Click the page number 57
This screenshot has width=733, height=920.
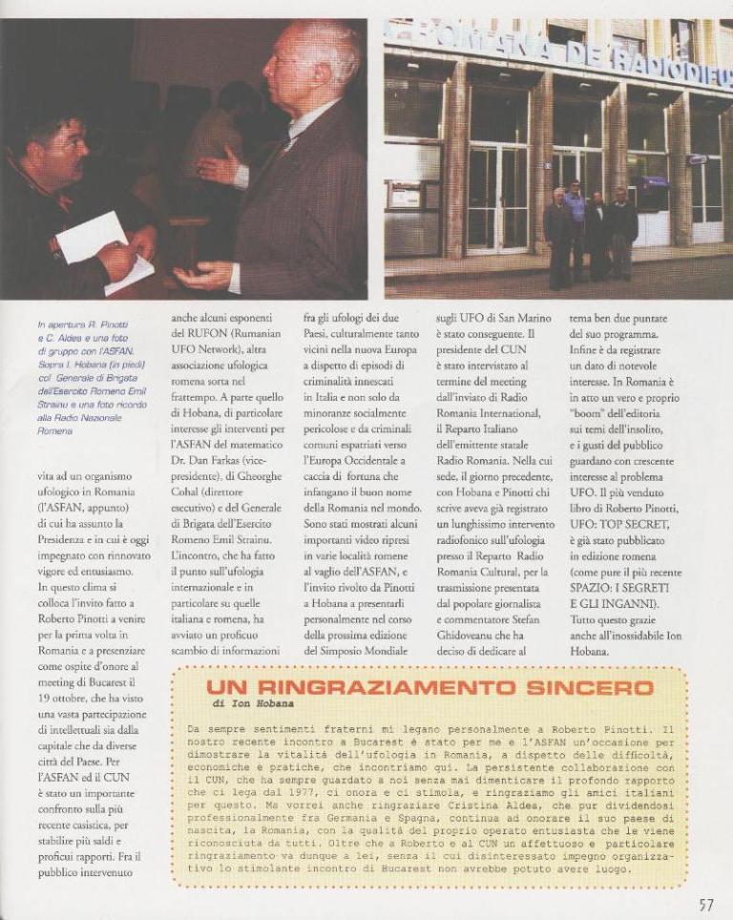point(705,905)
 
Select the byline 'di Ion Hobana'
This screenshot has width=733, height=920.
point(253,704)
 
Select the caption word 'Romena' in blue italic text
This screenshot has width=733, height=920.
point(54,431)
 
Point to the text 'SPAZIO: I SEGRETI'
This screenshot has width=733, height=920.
point(625,587)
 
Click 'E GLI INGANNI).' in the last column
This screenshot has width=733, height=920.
point(618,603)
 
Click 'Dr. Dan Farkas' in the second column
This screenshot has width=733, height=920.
point(212,461)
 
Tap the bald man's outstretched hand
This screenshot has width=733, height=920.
point(202,277)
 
